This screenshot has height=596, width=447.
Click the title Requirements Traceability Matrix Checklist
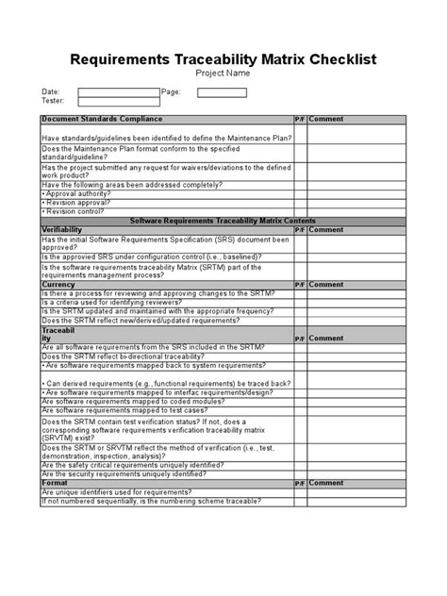point(223,59)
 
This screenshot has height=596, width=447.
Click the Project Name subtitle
point(223,74)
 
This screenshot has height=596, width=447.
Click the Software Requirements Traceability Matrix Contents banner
point(223,218)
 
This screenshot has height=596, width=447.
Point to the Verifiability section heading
point(62,228)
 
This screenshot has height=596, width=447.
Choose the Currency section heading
point(58,283)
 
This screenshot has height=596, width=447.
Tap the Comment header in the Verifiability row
point(325,228)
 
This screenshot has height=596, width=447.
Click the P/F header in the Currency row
point(299,283)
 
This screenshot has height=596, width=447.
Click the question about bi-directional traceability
point(129,356)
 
